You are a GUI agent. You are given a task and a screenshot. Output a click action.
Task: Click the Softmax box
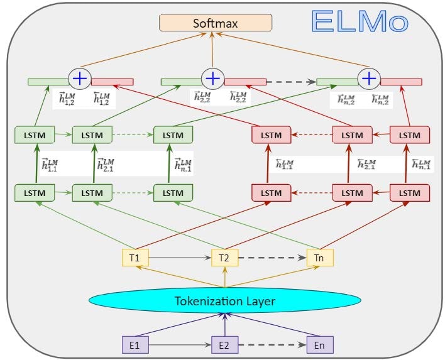pyautogui.click(x=216, y=23)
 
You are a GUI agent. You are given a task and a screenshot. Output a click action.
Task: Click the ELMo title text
pyautogui.click(x=360, y=21)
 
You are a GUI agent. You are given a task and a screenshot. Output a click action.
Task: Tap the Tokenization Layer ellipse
pyautogui.click(x=225, y=301)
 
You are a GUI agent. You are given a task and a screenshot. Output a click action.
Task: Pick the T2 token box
pyautogui.click(x=224, y=258)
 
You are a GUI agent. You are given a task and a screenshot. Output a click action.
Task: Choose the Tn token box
pyautogui.click(x=319, y=258)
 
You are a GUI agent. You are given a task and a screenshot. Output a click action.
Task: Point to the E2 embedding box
pyautogui.click(x=224, y=344)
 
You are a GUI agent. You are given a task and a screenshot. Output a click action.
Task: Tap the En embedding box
pyautogui.click(x=319, y=344)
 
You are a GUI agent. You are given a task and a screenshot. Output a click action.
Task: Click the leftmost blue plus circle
pyautogui.click(x=80, y=79)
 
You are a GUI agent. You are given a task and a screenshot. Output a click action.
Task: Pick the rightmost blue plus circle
pyautogui.click(x=369, y=79)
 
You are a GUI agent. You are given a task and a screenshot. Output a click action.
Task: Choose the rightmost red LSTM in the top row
pyautogui.click(x=410, y=134)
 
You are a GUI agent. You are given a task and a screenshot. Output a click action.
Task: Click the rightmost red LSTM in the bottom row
pyautogui.click(x=410, y=192)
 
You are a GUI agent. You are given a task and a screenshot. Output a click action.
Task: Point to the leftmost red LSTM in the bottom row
pyautogui.click(x=271, y=192)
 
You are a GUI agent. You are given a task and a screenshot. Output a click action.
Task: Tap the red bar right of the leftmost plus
pyautogui.click(x=113, y=82)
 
